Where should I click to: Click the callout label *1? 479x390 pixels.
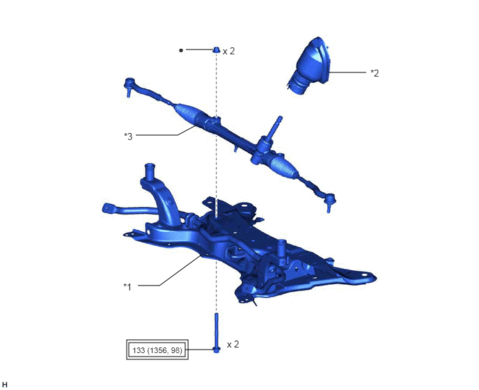coord(127,287)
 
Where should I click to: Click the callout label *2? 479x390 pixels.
coord(375,73)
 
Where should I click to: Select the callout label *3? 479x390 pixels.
coord(128,136)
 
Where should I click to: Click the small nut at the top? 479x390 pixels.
coord(217,49)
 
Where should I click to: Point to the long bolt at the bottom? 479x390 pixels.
coord(217,333)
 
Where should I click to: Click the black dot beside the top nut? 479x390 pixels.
coord(181,50)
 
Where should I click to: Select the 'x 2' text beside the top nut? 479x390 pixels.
coord(229,52)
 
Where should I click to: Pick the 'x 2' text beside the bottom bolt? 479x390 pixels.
coord(233,345)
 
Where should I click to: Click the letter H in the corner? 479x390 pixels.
coord(5,384)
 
